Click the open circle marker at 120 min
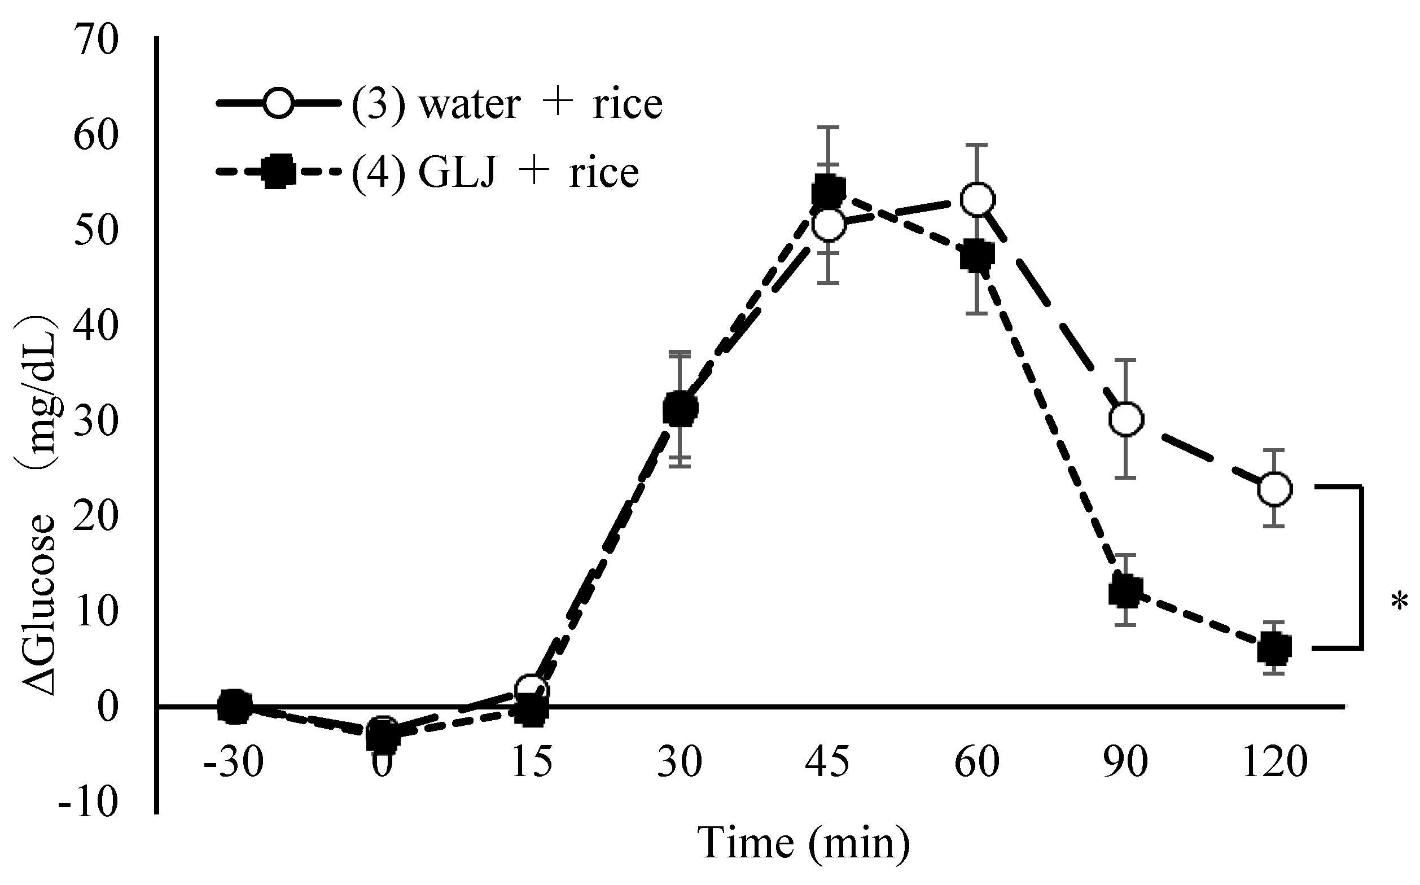point(1274,488)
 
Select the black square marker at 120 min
point(1274,648)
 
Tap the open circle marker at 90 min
point(1126,419)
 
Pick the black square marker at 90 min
point(1125,592)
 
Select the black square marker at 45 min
point(828,191)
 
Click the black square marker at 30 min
point(680,410)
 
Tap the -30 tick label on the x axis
point(234,763)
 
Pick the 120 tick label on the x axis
point(1274,763)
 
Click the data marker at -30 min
point(234,707)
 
